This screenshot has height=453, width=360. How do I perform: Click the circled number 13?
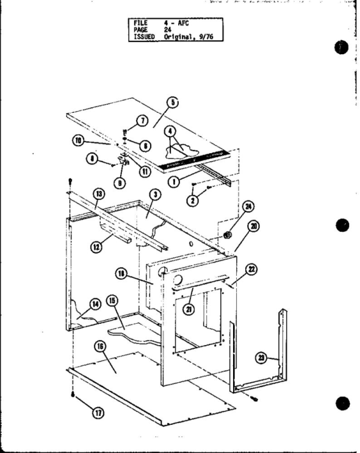[97, 194]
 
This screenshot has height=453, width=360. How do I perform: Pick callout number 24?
[248, 207]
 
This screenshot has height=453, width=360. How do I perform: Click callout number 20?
[253, 226]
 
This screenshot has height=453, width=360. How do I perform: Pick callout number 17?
[97, 413]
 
